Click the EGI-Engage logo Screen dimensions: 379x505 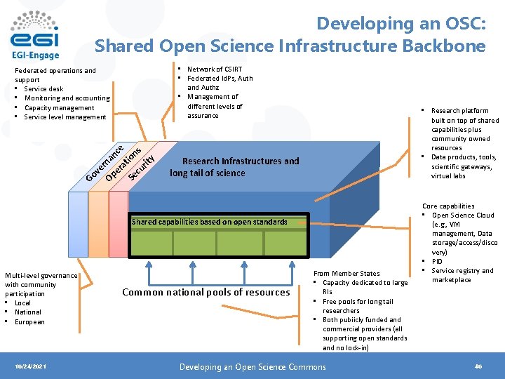click(35, 34)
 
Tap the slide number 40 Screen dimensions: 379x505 click(478, 366)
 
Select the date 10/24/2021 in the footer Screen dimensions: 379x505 click(30, 366)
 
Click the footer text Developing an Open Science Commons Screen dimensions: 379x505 click(252, 366)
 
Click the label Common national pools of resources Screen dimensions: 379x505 click(206, 292)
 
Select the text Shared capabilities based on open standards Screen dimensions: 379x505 click(209, 222)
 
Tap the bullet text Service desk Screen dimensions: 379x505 click(43, 89)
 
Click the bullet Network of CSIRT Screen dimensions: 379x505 click(214, 69)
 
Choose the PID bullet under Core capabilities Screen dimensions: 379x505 click(437, 261)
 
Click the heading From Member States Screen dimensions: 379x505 click(346, 274)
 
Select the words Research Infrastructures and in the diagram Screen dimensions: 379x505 click(240, 161)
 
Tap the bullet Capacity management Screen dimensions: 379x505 click(59, 108)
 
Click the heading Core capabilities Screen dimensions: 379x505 click(448, 206)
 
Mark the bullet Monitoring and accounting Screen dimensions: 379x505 click(67, 98)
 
